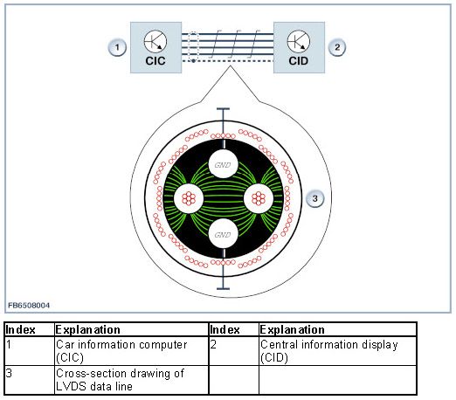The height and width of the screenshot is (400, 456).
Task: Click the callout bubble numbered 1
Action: point(117,47)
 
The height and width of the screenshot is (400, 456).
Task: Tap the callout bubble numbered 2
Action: point(337,47)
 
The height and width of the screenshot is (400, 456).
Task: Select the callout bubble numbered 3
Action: point(314,198)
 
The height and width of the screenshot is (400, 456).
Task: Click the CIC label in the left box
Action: point(155,61)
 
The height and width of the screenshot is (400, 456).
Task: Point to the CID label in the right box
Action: point(299,61)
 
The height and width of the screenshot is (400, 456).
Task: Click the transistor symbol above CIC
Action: point(155,41)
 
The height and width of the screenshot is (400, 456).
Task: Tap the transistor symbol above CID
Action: point(299,41)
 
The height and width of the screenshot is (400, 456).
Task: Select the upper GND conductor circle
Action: point(224,164)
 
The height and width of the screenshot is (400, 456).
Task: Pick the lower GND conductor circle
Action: point(224,234)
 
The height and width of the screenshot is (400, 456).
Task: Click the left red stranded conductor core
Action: point(189,198)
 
